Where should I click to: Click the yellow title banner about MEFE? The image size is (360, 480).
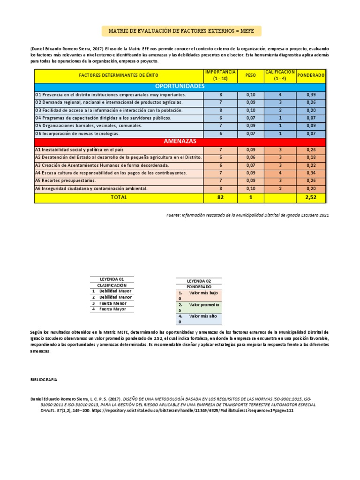181,31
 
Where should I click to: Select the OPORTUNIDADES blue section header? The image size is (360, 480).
180,87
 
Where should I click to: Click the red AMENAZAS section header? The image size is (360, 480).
180,141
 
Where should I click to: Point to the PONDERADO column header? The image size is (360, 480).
311,75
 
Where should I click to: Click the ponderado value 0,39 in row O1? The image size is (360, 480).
311,95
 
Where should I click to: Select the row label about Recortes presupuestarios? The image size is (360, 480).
66,180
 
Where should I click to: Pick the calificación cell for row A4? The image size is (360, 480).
280,173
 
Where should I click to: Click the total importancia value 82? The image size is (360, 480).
220,198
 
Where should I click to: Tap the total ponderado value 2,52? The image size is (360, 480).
311,198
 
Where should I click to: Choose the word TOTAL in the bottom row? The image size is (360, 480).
119,198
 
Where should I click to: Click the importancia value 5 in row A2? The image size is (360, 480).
220,157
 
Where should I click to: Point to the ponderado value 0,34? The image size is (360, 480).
311,173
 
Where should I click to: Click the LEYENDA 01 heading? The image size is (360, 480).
112,279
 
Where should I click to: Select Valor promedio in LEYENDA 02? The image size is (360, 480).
204,305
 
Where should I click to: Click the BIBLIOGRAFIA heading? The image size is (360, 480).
44,380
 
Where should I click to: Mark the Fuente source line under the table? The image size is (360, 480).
248,215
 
